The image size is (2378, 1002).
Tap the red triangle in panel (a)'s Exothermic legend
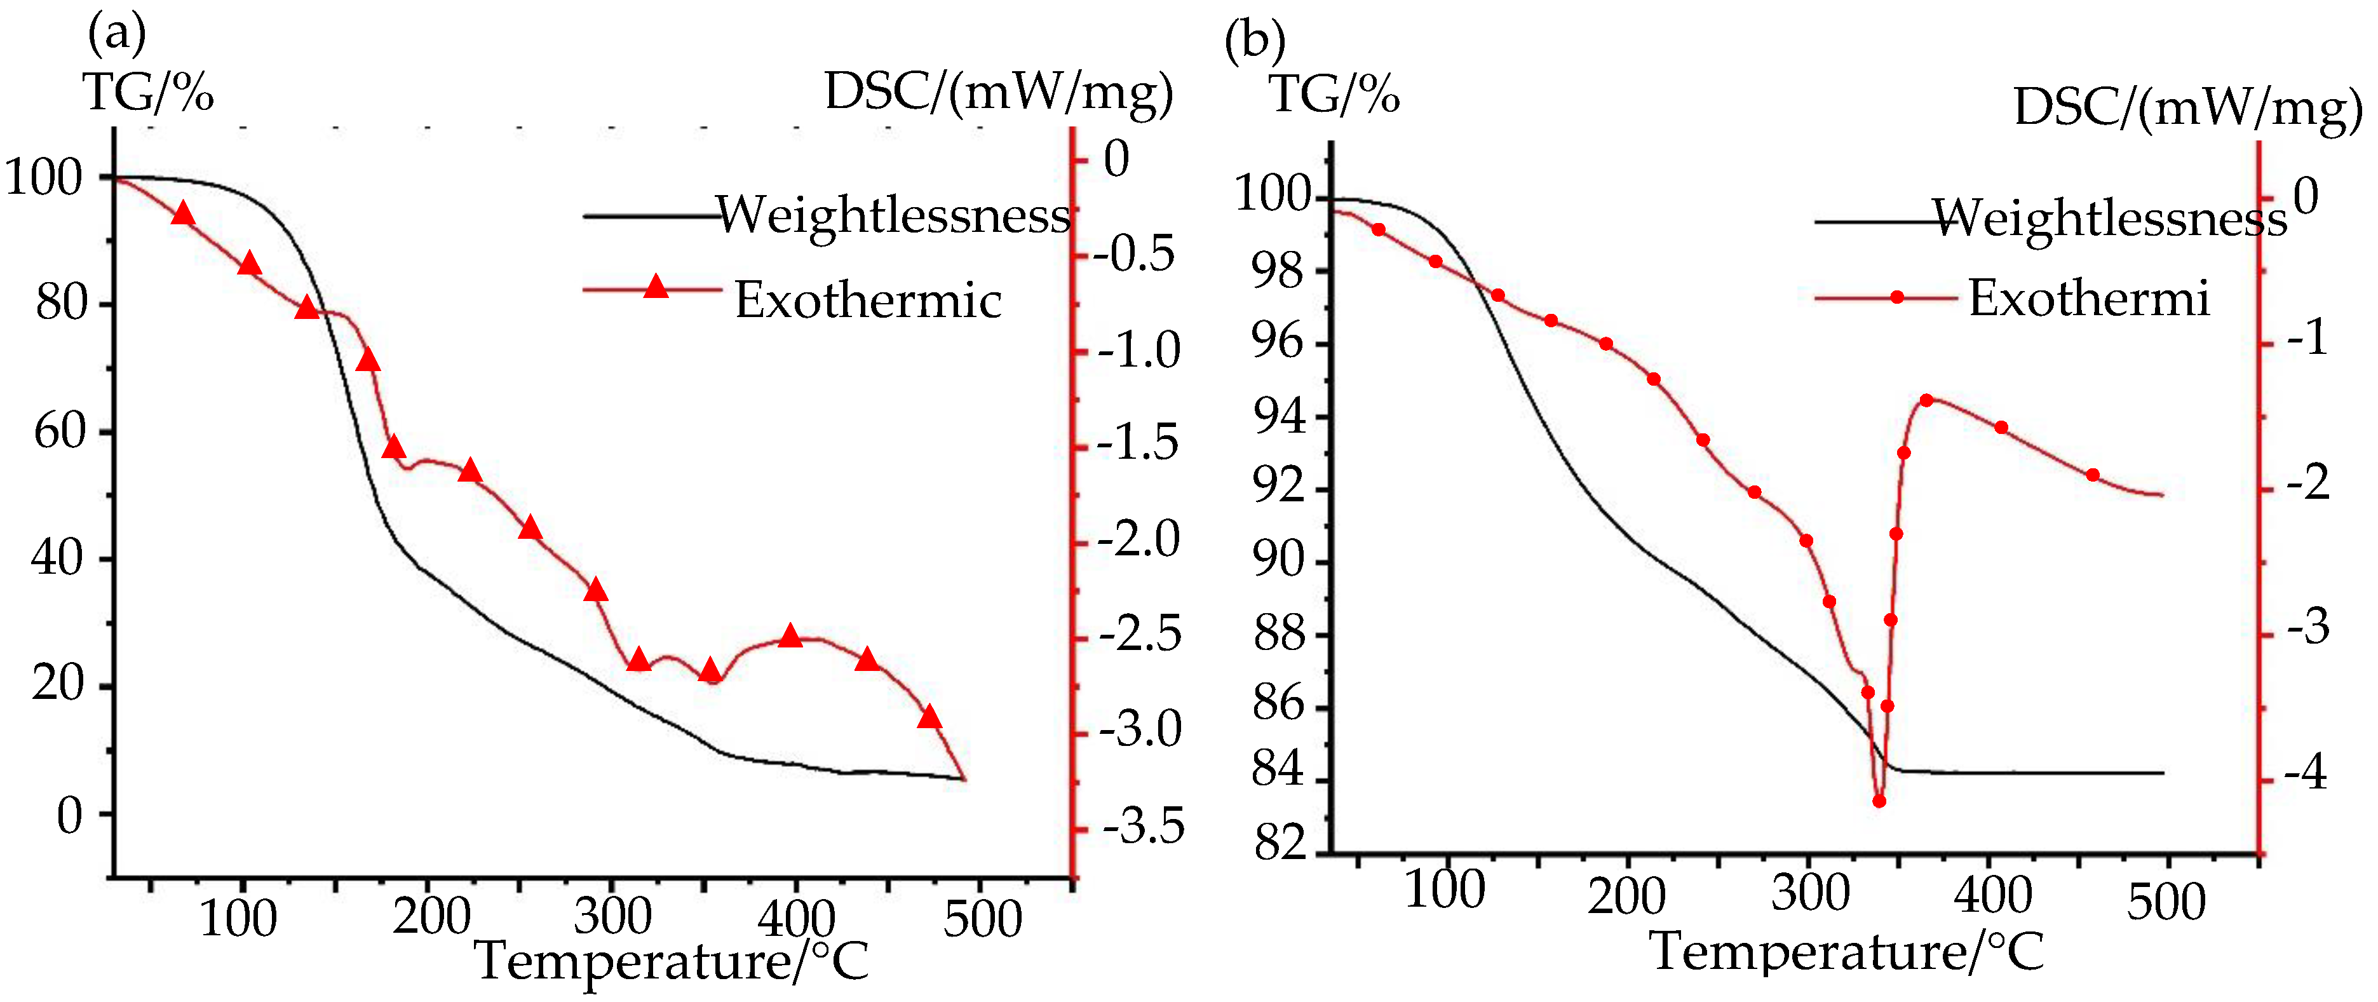point(656,287)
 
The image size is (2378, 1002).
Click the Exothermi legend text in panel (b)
point(2088,298)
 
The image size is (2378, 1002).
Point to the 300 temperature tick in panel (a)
point(612,917)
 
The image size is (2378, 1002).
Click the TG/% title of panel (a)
point(147,92)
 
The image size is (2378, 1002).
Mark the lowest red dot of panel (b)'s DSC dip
point(1879,801)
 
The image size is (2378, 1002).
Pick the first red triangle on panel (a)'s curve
point(183,214)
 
